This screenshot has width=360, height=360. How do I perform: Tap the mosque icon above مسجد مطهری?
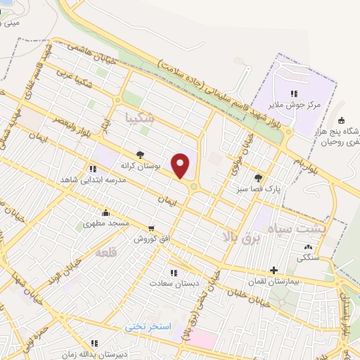coord(105,212)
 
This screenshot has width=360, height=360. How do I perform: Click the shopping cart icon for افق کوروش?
coord(151,228)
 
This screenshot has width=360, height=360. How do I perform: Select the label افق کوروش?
coord(151,238)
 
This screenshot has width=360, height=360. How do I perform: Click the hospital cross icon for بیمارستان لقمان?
coord(274,269)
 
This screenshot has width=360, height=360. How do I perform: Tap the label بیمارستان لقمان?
coord(274,280)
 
